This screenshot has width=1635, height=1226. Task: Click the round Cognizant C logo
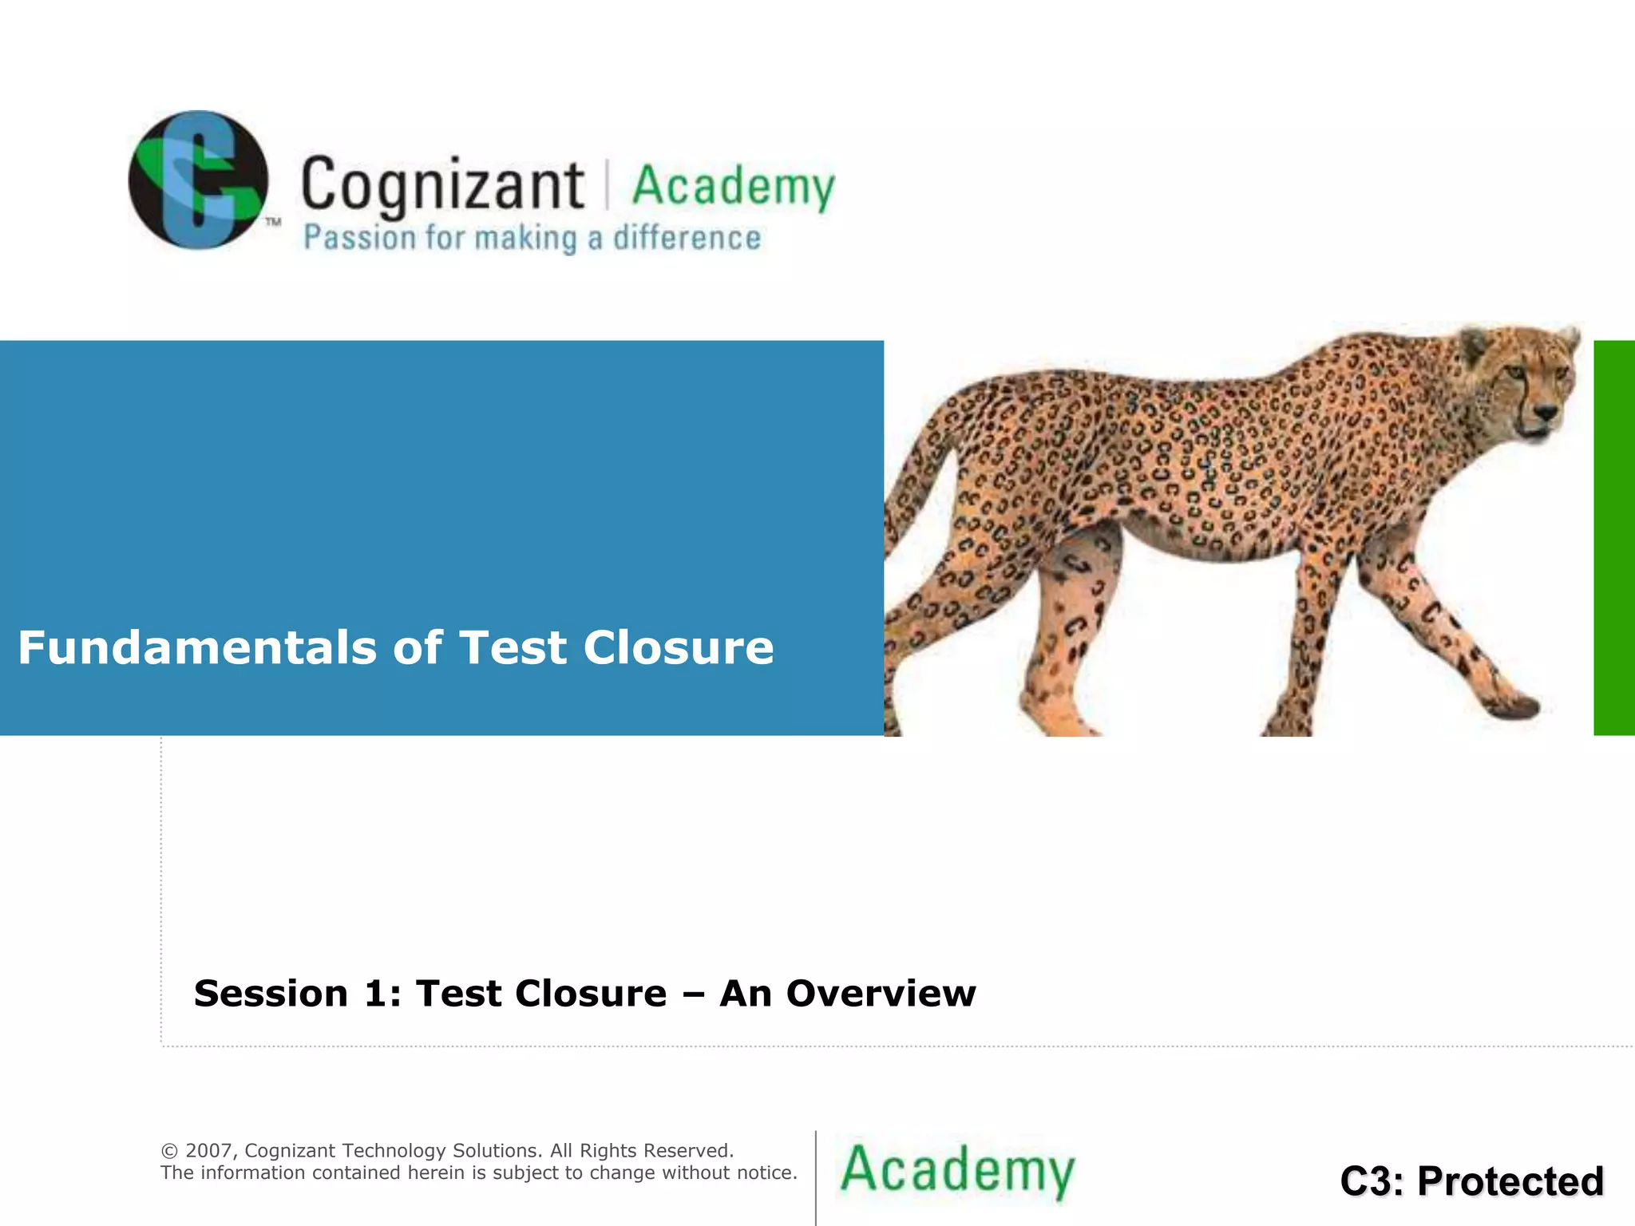(198, 180)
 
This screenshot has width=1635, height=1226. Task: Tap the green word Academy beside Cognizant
(733, 187)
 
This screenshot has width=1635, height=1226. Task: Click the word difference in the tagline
(687, 238)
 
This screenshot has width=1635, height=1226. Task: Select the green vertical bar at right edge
(1613, 537)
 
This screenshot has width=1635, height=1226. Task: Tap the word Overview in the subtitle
(881, 994)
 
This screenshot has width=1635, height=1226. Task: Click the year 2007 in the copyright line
(208, 1150)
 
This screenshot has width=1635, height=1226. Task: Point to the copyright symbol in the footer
(169, 1151)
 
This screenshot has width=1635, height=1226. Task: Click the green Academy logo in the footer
(957, 1170)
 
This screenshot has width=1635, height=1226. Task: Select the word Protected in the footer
(1510, 1181)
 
